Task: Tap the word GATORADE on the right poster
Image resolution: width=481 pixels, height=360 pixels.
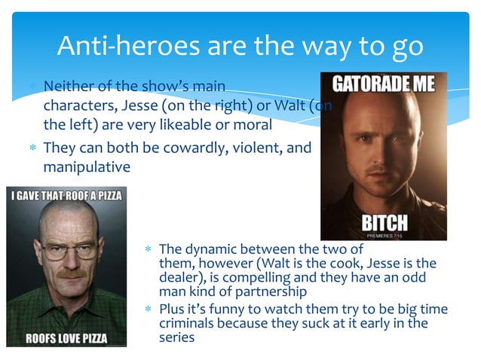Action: pyautogui.click(x=366, y=84)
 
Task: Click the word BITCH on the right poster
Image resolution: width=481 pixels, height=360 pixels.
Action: pyautogui.click(x=384, y=222)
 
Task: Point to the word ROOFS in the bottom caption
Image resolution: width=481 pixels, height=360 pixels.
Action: pyautogui.click(x=47, y=337)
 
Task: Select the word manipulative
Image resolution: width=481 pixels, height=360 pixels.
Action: pyautogui.click(x=87, y=166)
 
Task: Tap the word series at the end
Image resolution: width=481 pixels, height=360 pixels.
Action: pyautogui.click(x=176, y=338)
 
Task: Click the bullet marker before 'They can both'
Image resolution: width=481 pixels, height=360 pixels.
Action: pyautogui.click(x=32, y=148)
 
